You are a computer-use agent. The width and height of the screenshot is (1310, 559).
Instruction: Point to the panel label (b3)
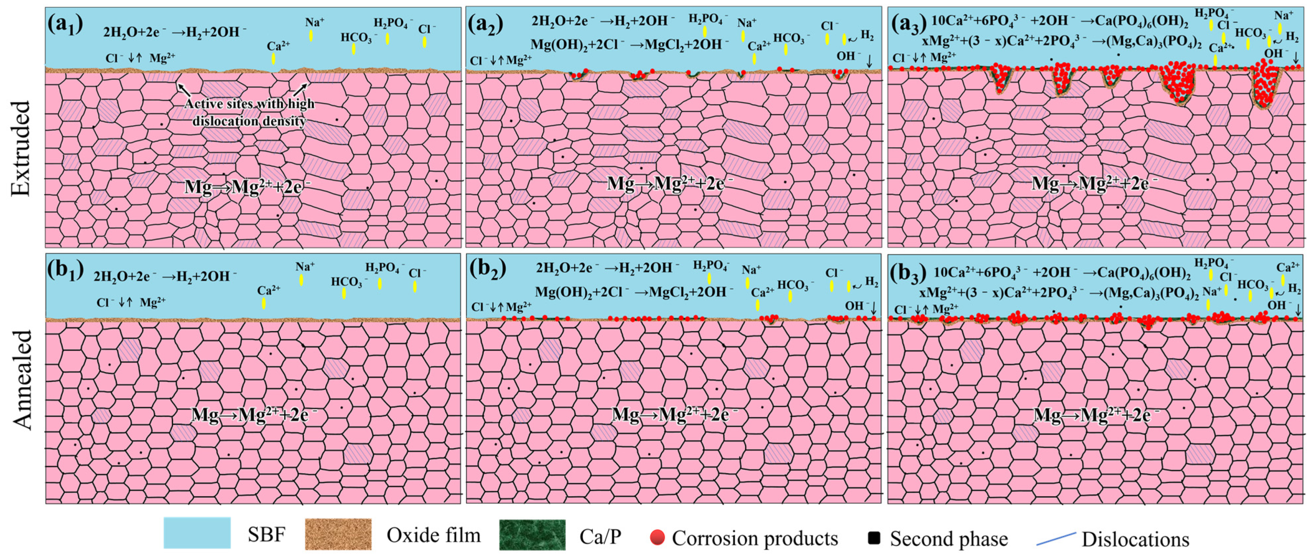point(909,274)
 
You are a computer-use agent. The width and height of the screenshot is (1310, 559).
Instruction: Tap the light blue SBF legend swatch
point(197,533)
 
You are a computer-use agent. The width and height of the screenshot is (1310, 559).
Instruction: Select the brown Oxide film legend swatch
point(338,534)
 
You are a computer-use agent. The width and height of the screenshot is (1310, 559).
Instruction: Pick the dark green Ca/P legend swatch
point(532,535)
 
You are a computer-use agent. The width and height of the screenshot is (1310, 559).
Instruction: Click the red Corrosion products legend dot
point(657,537)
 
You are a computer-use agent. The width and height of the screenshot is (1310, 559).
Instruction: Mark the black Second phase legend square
point(874,538)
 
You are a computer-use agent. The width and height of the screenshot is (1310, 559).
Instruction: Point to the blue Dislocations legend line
point(1056,539)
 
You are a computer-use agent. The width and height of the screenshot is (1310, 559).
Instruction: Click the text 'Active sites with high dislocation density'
point(249,112)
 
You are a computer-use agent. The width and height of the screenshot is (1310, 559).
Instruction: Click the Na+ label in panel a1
point(315,22)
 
